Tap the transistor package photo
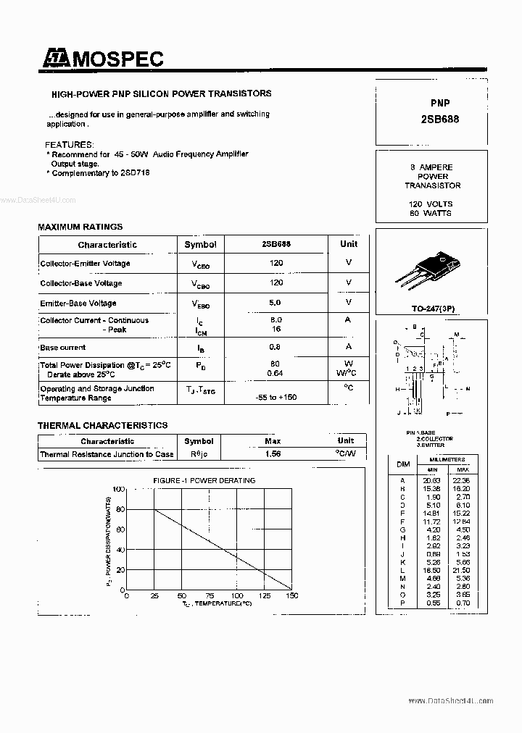click(x=426, y=267)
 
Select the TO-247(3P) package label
click(x=434, y=309)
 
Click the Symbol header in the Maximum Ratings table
click(x=200, y=245)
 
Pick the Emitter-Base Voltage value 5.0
click(x=275, y=303)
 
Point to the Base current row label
click(x=63, y=348)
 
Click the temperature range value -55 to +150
click(x=276, y=398)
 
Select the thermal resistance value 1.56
click(x=273, y=454)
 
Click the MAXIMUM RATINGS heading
click(x=80, y=227)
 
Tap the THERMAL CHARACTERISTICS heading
click(x=102, y=425)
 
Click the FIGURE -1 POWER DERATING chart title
click(x=204, y=480)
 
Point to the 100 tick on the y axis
click(x=117, y=490)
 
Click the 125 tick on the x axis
click(x=265, y=595)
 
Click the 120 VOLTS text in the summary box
click(x=431, y=204)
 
